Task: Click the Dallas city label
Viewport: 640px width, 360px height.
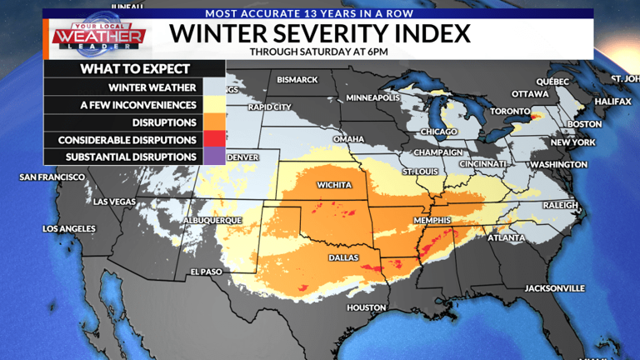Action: point(343,258)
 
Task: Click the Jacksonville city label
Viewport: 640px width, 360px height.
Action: point(554,287)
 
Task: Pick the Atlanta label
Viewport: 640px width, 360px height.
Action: point(506,238)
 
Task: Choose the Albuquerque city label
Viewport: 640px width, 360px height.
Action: point(212,220)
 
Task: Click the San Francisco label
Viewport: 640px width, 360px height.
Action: point(52,177)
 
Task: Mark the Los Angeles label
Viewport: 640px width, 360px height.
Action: point(69,228)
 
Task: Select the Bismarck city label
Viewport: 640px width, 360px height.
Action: point(297,80)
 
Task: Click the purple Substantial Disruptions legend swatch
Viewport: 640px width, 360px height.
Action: point(214,157)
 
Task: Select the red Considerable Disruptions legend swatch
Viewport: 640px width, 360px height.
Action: point(214,140)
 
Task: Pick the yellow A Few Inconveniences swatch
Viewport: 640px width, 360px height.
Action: point(214,105)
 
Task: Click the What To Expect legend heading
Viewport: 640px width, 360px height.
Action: point(134,69)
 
